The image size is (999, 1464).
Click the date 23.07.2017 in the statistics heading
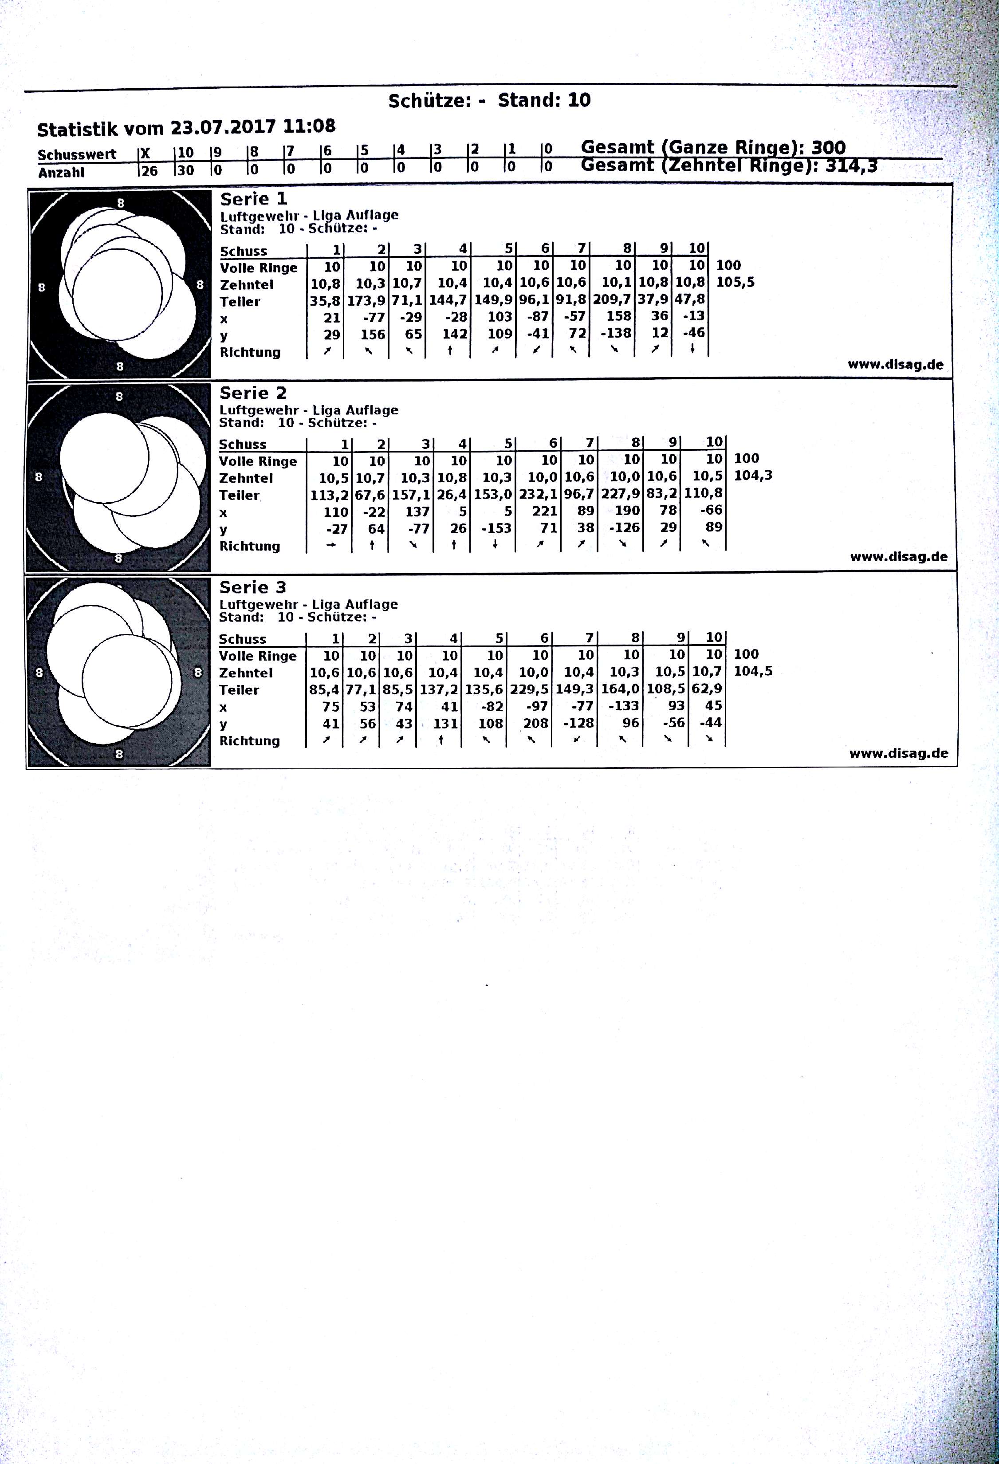[223, 127]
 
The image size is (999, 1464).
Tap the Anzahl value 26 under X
[149, 171]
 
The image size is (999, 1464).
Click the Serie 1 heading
[253, 199]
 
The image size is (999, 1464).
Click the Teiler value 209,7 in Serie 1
[612, 300]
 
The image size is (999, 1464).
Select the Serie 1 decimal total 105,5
[735, 282]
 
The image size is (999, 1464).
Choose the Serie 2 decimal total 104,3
[753, 476]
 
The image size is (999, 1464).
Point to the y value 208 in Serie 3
[535, 723]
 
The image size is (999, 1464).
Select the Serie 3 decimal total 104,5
[753, 671]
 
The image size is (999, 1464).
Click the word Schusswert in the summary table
[77, 155]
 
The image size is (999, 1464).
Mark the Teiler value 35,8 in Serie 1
[325, 300]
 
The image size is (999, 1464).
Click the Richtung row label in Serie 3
[249, 741]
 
